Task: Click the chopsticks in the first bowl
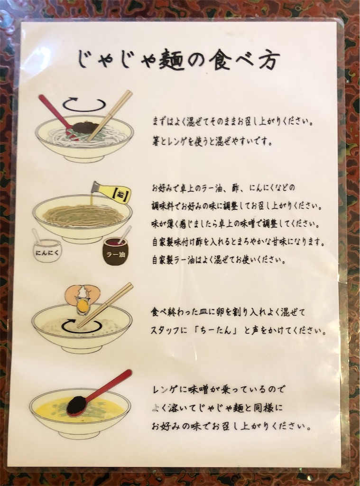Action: [110, 116]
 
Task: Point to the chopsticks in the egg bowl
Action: [105, 305]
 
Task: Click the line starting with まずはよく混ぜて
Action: [232, 121]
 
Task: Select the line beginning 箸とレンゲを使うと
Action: [212, 142]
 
